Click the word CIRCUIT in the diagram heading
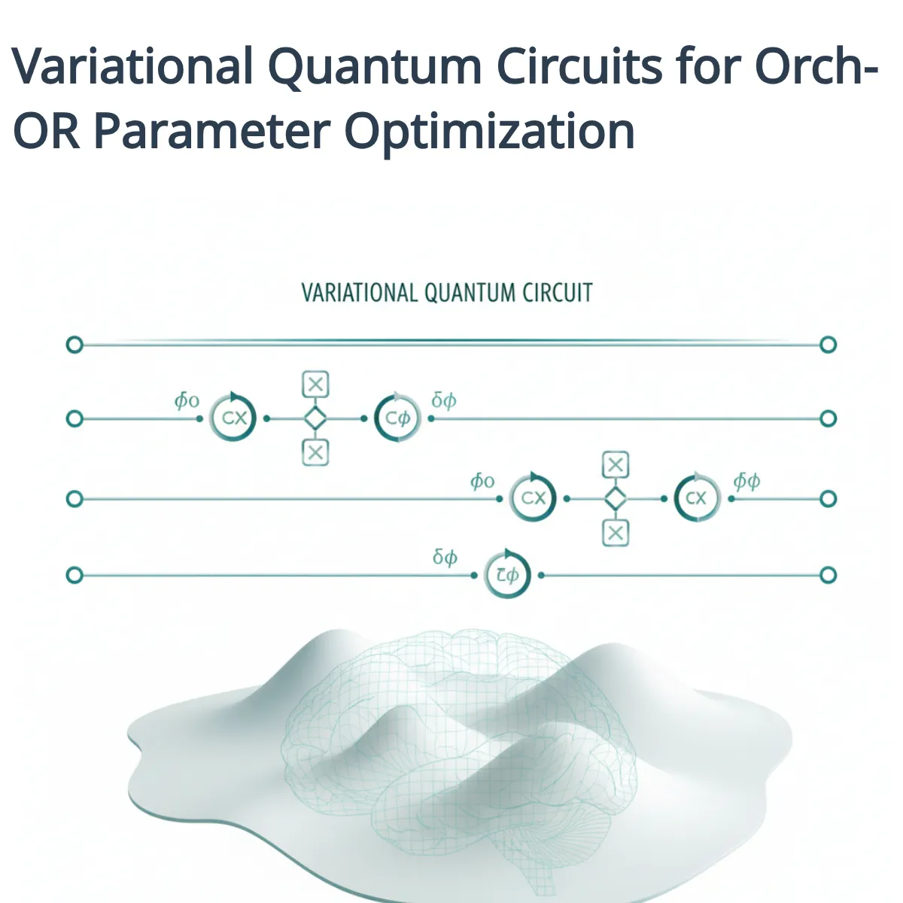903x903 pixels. coord(556,293)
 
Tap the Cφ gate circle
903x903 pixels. coord(397,418)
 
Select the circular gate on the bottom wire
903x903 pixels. coord(506,576)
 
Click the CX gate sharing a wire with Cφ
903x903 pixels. coord(233,418)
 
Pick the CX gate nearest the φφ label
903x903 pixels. coord(697,498)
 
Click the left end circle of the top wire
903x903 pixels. coord(74,345)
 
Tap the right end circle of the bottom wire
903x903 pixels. coord(828,576)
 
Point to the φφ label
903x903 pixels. coord(746,482)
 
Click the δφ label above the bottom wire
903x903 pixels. coord(445,558)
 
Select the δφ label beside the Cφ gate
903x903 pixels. coord(443,400)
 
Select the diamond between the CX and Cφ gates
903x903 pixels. coord(315,418)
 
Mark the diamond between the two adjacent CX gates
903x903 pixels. coord(616,498)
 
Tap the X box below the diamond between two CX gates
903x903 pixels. coord(616,533)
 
